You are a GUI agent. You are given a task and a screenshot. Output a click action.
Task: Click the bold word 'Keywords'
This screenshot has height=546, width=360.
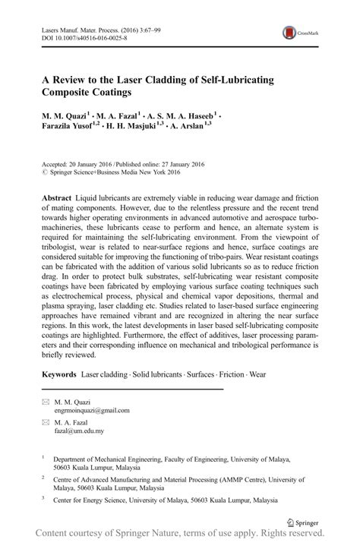click(x=58, y=374)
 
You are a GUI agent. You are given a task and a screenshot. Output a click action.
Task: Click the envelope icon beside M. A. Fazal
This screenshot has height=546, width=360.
click(x=46, y=421)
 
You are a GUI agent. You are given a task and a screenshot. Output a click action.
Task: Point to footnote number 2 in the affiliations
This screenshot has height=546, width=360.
click(x=44, y=480)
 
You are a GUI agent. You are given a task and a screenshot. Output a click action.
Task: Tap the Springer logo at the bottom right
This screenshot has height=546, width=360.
click(x=302, y=521)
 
